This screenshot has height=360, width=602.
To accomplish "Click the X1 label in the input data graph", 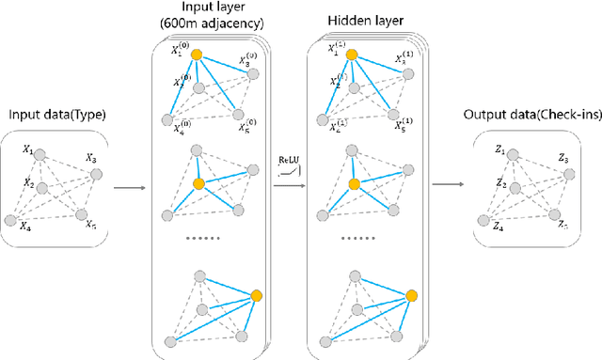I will [28, 150].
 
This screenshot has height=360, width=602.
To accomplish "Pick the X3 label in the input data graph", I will [90, 161].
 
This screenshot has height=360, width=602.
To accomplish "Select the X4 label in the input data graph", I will [25, 227].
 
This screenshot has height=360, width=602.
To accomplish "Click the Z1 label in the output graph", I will [499, 150].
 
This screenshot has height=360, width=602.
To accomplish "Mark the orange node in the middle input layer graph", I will [198, 183].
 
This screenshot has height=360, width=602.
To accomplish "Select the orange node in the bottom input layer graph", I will [255, 297].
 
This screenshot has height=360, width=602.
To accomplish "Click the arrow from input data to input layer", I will [130, 187].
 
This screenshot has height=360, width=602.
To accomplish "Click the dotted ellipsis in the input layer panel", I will [203, 240].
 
